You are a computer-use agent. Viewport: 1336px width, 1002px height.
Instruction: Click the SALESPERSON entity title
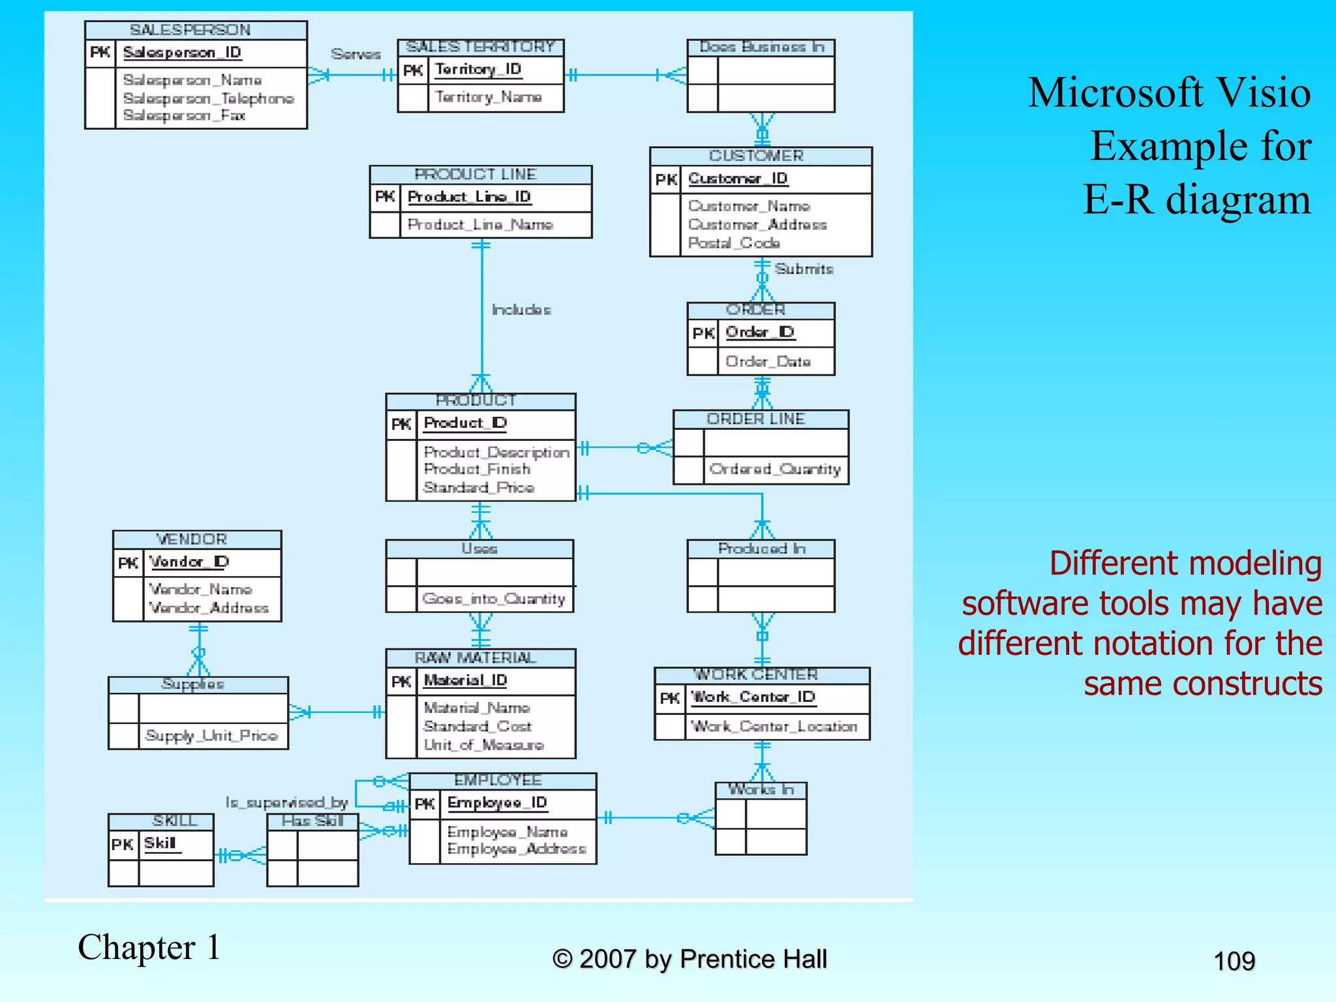[190, 30]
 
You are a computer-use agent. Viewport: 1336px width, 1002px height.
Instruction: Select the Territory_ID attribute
[478, 69]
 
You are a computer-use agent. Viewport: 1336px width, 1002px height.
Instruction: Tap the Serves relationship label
[356, 54]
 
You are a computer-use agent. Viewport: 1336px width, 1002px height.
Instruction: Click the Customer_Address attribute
[757, 224]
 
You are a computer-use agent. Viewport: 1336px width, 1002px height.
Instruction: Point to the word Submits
[804, 269]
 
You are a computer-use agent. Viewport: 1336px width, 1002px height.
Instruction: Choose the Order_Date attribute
[768, 361]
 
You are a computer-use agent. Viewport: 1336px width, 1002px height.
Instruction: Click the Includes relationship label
[521, 310]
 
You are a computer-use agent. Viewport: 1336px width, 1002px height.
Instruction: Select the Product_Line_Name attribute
[480, 224]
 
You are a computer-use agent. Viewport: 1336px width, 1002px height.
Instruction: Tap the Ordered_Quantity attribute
[775, 469]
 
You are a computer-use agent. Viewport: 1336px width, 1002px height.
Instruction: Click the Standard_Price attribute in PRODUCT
[479, 487]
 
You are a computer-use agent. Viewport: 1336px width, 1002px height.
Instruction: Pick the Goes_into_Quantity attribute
[494, 599]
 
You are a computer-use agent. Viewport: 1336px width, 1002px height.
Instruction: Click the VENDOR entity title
[192, 539]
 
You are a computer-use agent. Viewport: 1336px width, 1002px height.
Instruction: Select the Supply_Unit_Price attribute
[211, 736]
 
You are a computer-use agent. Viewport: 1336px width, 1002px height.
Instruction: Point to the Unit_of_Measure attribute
[483, 745]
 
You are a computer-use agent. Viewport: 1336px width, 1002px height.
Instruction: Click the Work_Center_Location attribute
[774, 727]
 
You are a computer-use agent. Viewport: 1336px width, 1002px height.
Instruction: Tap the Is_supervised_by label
[286, 802]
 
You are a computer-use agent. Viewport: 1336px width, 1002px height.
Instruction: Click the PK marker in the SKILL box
[122, 845]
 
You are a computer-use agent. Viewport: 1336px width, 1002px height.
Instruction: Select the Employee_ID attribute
[497, 803]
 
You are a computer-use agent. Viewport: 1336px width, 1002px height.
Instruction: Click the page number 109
[1234, 962]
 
